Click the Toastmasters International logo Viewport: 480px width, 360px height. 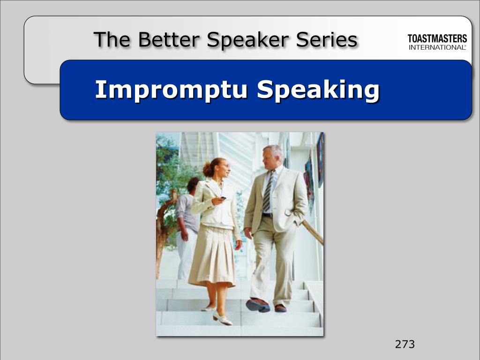coord(437,42)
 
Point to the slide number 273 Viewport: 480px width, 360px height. coord(405,345)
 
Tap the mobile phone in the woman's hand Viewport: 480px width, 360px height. coord(223,198)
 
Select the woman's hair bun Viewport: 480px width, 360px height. coord(207,169)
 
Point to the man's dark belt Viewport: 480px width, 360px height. coord(267,215)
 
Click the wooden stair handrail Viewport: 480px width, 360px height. coord(313,232)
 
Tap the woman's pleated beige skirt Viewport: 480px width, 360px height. coord(212,255)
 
